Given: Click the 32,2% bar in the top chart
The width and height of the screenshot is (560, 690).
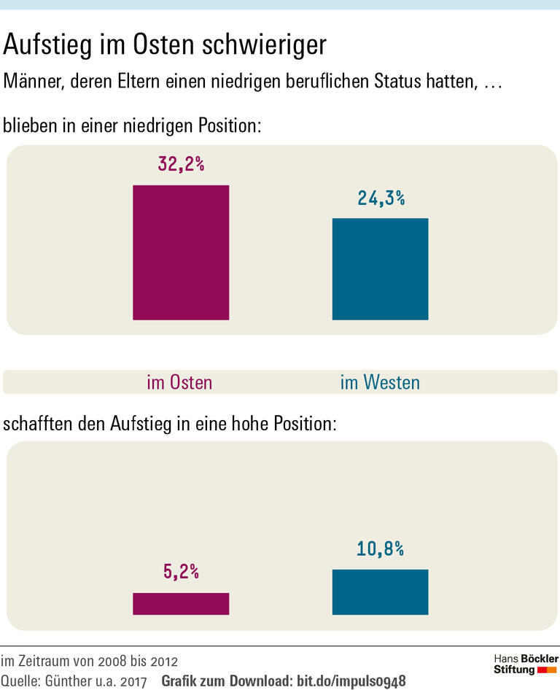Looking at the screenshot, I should (181, 252).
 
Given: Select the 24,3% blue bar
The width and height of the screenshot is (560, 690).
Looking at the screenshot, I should (380, 268).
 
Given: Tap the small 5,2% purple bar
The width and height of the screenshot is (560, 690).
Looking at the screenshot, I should (181, 603).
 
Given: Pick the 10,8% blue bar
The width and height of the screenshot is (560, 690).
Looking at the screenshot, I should (380, 592).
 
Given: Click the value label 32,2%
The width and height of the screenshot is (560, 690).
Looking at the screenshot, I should (181, 164).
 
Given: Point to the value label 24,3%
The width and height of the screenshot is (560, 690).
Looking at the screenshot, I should (381, 198).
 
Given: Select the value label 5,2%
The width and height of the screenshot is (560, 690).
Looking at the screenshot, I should (181, 572).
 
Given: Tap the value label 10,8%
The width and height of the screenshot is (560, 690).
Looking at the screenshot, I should (381, 548).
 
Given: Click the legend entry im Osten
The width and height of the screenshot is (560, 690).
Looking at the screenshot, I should (179, 382).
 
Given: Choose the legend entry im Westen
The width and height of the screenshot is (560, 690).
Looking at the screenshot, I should (380, 382).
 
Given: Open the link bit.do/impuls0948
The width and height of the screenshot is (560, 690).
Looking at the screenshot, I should (351, 681).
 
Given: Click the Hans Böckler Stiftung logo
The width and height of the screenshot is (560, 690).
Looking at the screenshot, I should (526, 664).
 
